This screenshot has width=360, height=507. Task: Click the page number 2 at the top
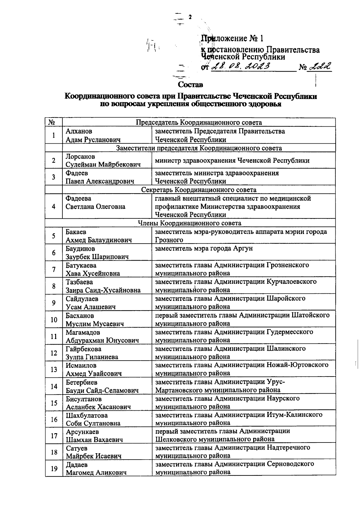[x=190, y=17]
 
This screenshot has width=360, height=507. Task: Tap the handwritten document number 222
[x=320, y=66]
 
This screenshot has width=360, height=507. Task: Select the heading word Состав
[x=190, y=85]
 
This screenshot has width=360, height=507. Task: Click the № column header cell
[x=54, y=122]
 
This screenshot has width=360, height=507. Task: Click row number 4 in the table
[x=54, y=206]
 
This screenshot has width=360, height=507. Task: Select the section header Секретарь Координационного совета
[x=199, y=190]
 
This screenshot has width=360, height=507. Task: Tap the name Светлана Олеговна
[x=95, y=206]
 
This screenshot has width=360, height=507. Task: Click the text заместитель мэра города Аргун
[x=204, y=248]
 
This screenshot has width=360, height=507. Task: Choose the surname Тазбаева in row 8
[x=79, y=282]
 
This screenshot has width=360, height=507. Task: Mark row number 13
[x=54, y=369]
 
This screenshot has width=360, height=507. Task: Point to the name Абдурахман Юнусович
[x=102, y=340]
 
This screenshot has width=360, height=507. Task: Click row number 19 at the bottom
[x=54, y=468]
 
